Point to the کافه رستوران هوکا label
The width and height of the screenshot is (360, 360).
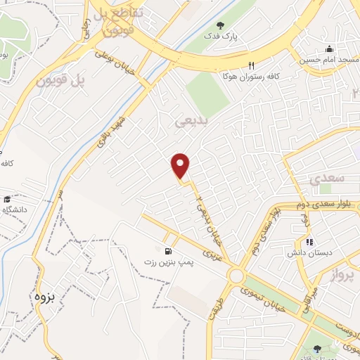pos(243,74)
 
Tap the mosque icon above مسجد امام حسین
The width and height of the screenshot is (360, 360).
pos(328,49)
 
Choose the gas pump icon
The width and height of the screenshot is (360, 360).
pos(167,251)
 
